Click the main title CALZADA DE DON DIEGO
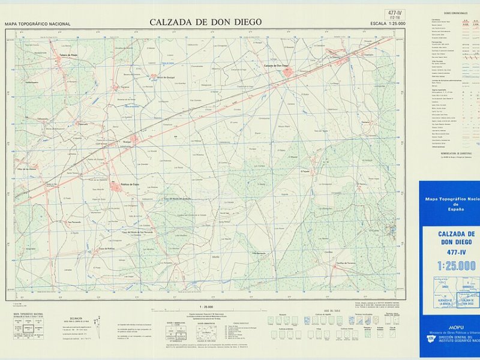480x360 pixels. click(205, 22)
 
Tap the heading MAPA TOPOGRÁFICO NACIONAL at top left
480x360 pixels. click(37, 24)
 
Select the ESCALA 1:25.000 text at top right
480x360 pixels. click(388, 23)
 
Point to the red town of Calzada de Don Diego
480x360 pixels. click(287, 72)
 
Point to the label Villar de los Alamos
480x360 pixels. click(27, 169)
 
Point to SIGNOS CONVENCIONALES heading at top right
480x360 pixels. click(455, 13)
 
